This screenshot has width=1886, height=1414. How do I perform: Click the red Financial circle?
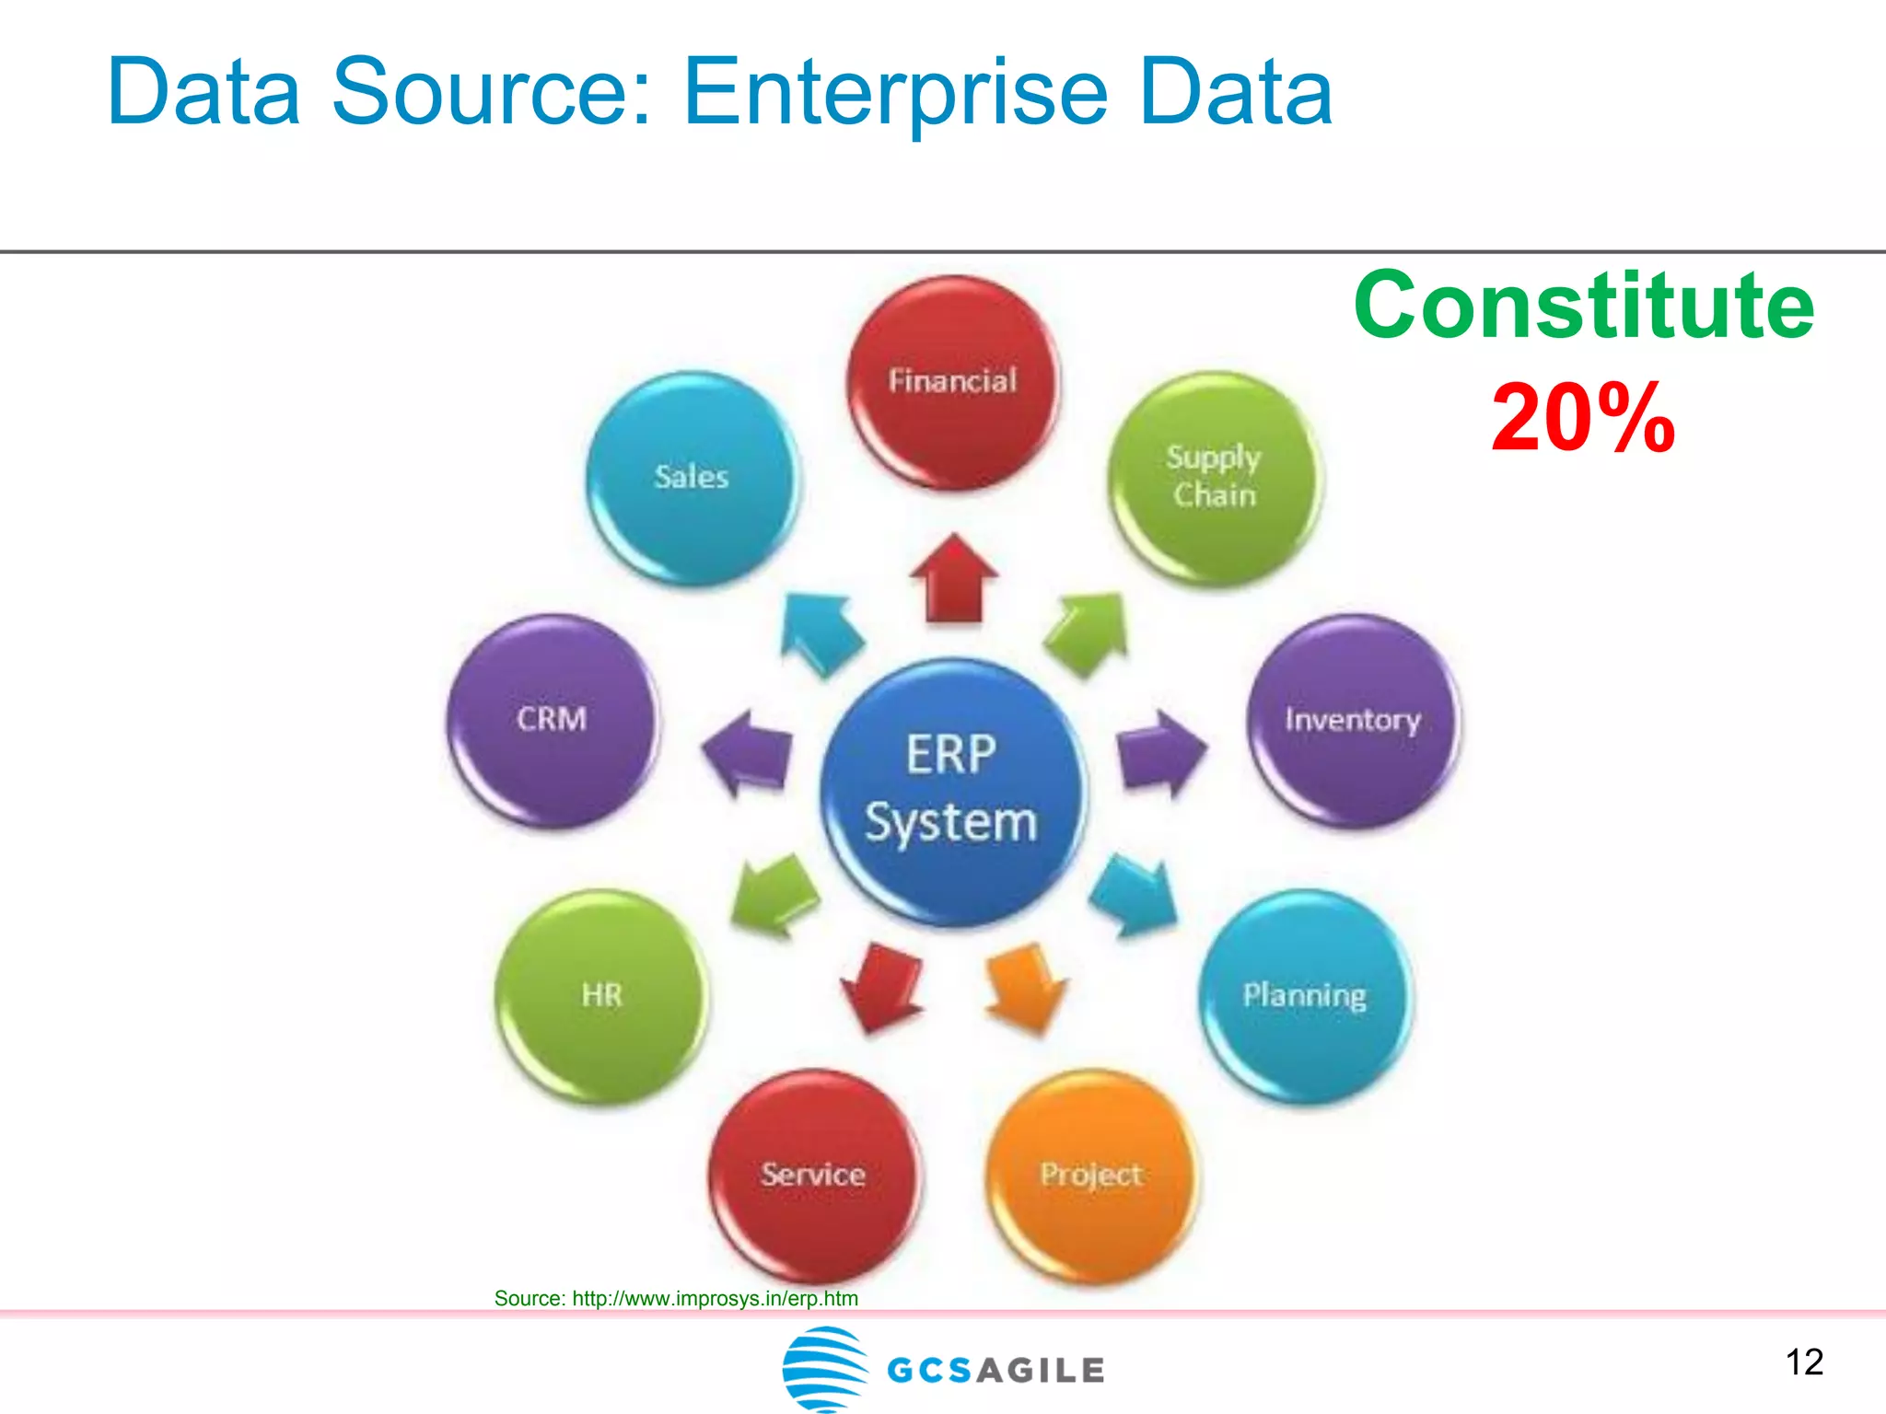pyautogui.click(x=952, y=383)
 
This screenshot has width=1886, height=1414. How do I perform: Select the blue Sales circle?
pyautogui.click(x=693, y=478)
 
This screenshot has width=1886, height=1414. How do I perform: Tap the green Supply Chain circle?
pyautogui.click(x=1214, y=478)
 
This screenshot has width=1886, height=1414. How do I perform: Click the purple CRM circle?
pyautogui.click(x=553, y=720)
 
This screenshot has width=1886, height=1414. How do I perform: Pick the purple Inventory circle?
pyautogui.click(x=1353, y=720)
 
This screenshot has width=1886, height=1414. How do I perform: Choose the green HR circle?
pyautogui.click(x=601, y=996)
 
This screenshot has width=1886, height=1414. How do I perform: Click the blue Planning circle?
pyautogui.click(x=1305, y=996)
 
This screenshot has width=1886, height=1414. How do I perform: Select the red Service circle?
pyautogui.click(x=814, y=1175)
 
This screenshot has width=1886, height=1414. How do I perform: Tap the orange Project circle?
pyautogui.click(x=1091, y=1175)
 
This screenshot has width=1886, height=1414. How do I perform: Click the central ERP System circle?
pyautogui.click(x=952, y=790)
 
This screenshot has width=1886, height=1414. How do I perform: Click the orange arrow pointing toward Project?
pyautogui.click(x=1025, y=988)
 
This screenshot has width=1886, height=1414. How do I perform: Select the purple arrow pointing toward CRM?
pyautogui.click(x=748, y=753)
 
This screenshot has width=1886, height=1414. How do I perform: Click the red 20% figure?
pyautogui.click(x=1582, y=419)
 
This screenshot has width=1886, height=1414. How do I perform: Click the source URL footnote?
pyautogui.click(x=676, y=1298)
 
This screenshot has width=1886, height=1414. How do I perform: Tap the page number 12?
pyautogui.click(x=1804, y=1362)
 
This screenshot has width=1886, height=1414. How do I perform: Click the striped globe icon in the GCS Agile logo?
pyautogui.click(x=824, y=1368)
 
